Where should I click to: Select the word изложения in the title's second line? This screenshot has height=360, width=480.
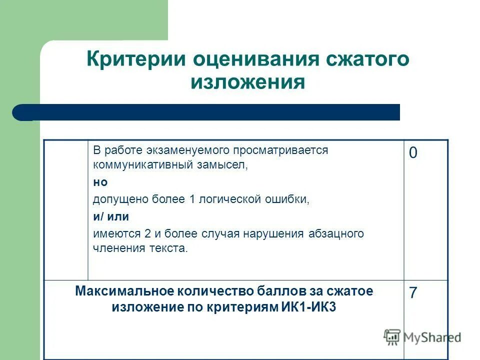click(247, 82)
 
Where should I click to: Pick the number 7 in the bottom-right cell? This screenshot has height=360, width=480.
click(413, 293)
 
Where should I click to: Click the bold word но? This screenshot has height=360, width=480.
click(100, 182)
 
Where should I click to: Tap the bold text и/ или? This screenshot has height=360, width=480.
click(110, 216)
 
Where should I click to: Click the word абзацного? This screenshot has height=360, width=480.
click(336, 233)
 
